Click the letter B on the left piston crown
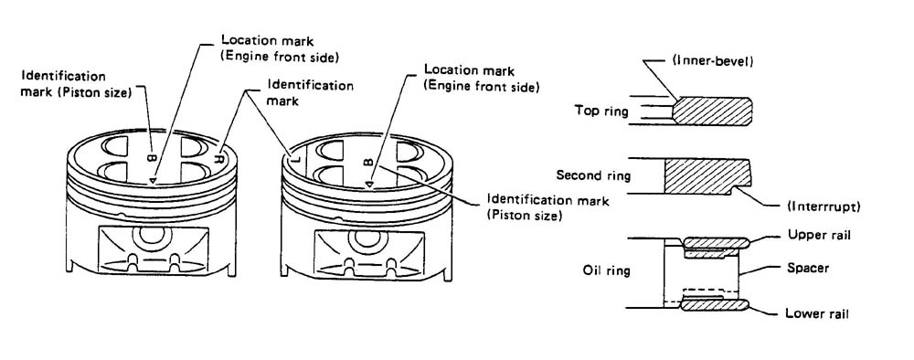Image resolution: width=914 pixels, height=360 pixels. pos(151,157)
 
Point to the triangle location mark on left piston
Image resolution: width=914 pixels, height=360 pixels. pos(152,181)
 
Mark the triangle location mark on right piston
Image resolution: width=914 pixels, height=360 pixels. pos(369,185)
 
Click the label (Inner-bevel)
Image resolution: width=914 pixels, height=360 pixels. pos(718,61)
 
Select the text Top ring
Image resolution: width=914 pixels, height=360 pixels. pos(601,111)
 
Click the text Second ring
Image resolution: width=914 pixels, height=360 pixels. pos(593,175)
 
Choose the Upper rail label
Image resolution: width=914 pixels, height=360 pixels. pos(819,236)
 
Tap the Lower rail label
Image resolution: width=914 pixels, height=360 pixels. pos(816,313)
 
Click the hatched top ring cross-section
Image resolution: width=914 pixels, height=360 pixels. pos(712,111)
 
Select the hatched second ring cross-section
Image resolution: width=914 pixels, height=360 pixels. pos(707,176)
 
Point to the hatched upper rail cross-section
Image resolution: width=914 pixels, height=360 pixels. pos(717,242)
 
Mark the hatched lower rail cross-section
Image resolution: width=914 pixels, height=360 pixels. pos(716,304)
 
